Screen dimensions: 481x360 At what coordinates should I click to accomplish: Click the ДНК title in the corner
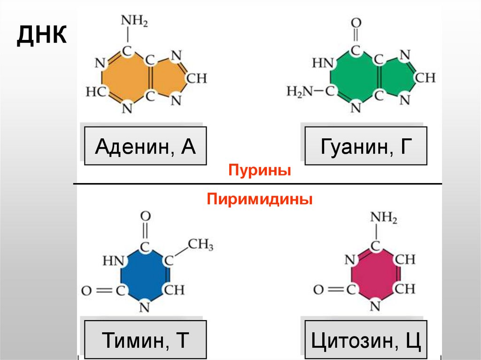coord(41,36)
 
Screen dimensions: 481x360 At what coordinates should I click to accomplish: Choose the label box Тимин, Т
coord(145,339)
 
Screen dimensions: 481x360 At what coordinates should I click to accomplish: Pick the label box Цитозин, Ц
coord(366,339)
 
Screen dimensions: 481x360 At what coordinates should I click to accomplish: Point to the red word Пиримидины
coord(260,200)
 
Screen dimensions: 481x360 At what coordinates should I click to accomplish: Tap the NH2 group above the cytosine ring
coord(383,218)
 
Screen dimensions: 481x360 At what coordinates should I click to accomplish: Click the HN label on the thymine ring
coord(113,260)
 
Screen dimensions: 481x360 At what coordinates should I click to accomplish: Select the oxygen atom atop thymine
coord(146,216)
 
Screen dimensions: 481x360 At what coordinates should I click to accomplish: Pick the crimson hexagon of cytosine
coord(375,275)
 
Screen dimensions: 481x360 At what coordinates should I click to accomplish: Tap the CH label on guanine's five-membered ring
coord(425,77)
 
